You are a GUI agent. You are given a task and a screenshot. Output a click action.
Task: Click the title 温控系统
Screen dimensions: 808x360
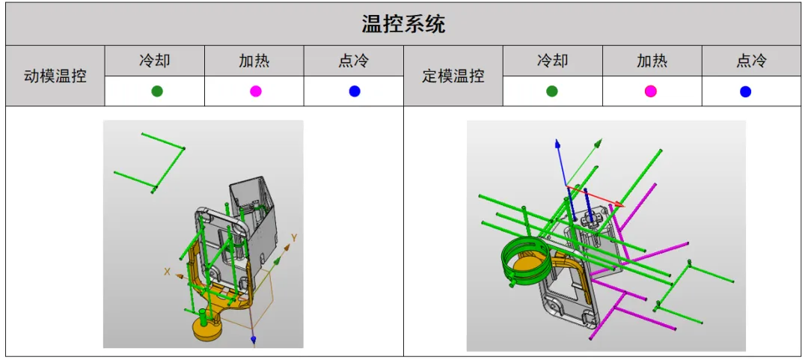click(x=403, y=24)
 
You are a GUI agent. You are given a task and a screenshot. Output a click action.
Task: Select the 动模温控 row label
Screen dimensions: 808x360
click(x=55, y=76)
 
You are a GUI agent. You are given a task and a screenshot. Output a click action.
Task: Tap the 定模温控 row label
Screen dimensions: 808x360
click(x=453, y=76)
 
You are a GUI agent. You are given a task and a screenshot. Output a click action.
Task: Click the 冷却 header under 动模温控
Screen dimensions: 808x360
click(x=155, y=61)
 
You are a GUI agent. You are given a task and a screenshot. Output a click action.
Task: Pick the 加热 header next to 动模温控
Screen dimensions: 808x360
click(x=254, y=61)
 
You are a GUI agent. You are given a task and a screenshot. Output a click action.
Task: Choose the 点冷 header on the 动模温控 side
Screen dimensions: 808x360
click(x=353, y=61)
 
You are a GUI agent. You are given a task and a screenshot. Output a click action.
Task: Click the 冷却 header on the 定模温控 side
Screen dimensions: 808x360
click(x=552, y=61)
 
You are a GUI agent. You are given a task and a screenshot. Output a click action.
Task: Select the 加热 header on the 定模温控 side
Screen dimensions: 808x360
click(x=652, y=61)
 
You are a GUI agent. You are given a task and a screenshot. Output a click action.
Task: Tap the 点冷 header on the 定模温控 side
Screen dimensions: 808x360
click(x=751, y=61)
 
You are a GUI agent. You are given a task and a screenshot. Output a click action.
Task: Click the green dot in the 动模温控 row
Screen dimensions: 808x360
click(x=157, y=91)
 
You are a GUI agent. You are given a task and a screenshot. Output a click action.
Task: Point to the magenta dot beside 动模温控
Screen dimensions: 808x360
click(x=256, y=91)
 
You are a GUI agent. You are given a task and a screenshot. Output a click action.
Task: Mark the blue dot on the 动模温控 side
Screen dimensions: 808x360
click(x=355, y=91)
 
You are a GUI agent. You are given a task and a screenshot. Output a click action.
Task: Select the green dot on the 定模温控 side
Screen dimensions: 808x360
click(x=552, y=91)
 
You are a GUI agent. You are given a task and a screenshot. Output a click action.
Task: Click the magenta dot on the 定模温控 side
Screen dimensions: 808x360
click(x=651, y=91)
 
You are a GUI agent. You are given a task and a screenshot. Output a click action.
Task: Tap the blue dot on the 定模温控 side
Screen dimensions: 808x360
click(x=745, y=92)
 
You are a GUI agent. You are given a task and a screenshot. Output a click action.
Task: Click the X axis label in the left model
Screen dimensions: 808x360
click(x=167, y=271)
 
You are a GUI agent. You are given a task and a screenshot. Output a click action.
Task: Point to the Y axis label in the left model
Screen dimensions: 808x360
click(x=294, y=238)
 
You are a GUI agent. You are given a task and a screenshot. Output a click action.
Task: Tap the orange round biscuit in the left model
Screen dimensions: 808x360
click(x=207, y=330)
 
